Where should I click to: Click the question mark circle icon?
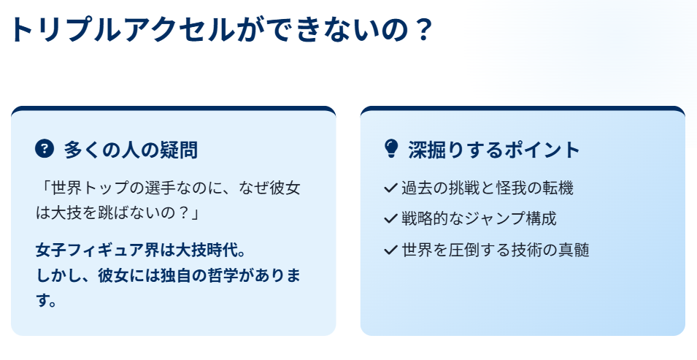pyautogui.click(x=45, y=148)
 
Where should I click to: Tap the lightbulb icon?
pyautogui.click(x=391, y=148)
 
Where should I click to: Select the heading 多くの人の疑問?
pyautogui.click(x=131, y=150)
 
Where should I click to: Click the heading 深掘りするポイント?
pyautogui.click(x=494, y=150)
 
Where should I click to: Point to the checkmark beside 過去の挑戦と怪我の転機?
pyautogui.click(x=390, y=188)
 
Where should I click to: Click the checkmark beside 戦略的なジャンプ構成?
pyautogui.click(x=390, y=219)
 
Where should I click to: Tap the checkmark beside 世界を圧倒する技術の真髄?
pyautogui.click(x=390, y=250)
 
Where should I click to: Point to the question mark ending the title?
pyautogui.click(x=421, y=29)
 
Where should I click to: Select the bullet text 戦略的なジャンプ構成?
pyautogui.click(x=479, y=218)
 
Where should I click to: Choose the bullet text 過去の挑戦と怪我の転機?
pyautogui.click(x=488, y=188)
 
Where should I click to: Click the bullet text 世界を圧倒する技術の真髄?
pyautogui.click(x=495, y=250)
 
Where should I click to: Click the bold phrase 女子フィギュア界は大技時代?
pyautogui.click(x=136, y=250)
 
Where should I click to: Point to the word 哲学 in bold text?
pyautogui.click(x=211, y=275)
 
